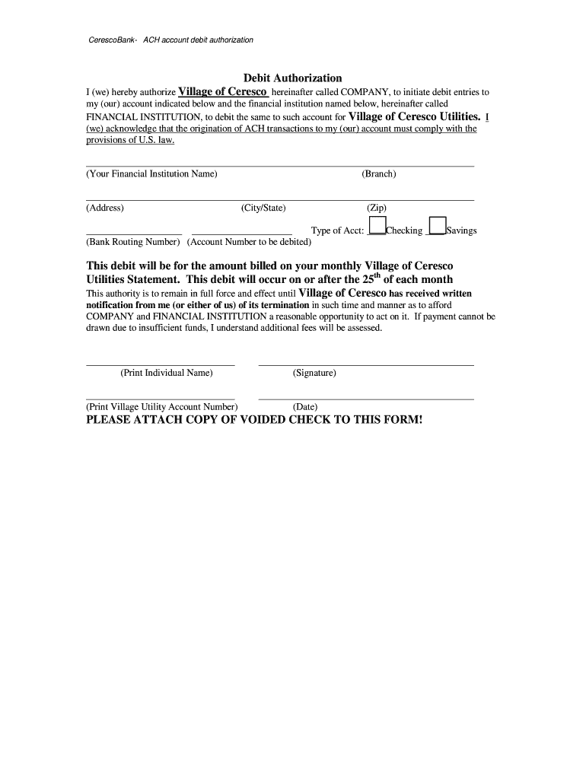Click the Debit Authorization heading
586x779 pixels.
point(292,78)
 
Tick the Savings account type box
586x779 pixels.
point(437,226)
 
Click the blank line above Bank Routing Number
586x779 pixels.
point(134,234)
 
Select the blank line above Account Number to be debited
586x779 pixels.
point(241,234)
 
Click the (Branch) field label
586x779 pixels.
point(378,174)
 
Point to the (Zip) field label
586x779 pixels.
point(377,208)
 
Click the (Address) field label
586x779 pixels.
point(105,208)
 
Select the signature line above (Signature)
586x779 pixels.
point(365,365)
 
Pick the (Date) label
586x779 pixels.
point(305,407)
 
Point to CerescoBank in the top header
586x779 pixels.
point(113,40)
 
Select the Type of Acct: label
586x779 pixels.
point(338,231)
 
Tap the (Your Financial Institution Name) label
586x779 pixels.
point(151,174)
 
